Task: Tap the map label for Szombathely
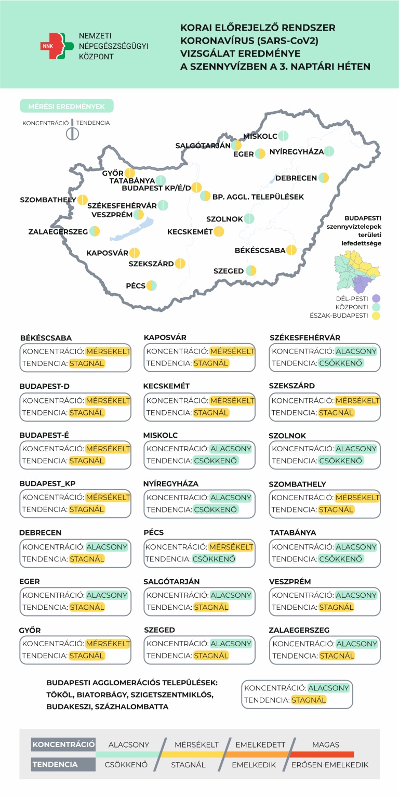[x=48, y=200]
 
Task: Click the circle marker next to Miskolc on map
[x=283, y=136]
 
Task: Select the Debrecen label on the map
[x=296, y=178]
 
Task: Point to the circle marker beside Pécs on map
[x=151, y=285]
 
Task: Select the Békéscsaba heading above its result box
[x=46, y=338]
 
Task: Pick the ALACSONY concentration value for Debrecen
[x=107, y=547]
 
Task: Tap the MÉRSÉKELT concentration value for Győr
[x=108, y=644]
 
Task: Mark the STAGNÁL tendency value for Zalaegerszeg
[x=336, y=656]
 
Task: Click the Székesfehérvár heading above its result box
[x=305, y=338]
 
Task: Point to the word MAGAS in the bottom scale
[x=326, y=744]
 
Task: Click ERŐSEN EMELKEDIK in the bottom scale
[x=330, y=765]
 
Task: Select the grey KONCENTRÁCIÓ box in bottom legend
[x=63, y=744]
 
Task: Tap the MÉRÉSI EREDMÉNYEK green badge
[x=66, y=106]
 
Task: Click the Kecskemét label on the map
[x=190, y=232]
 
